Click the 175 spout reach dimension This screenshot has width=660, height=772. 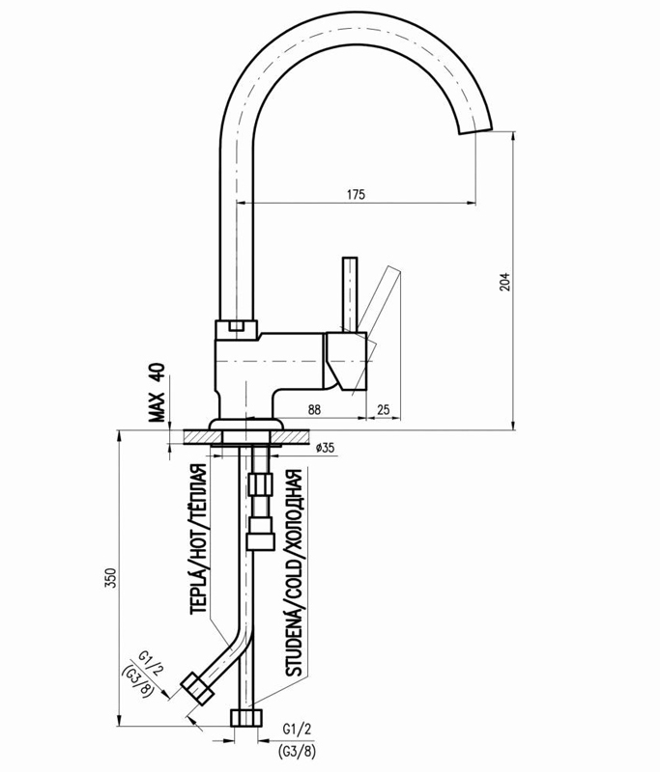pyautogui.click(x=355, y=195)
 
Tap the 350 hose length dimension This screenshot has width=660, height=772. pyautogui.click(x=111, y=577)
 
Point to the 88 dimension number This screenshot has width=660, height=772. pyautogui.click(x=315, y=410)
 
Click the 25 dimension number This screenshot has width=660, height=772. pyautogui.click(x=383, y=410)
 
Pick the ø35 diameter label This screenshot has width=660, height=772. pyautogui.click(x=325, y=448)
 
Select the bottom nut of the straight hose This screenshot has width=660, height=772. pyautogui.click(x=246, y=717)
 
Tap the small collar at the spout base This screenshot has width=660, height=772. pyautogui.click(x=237, y=327)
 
